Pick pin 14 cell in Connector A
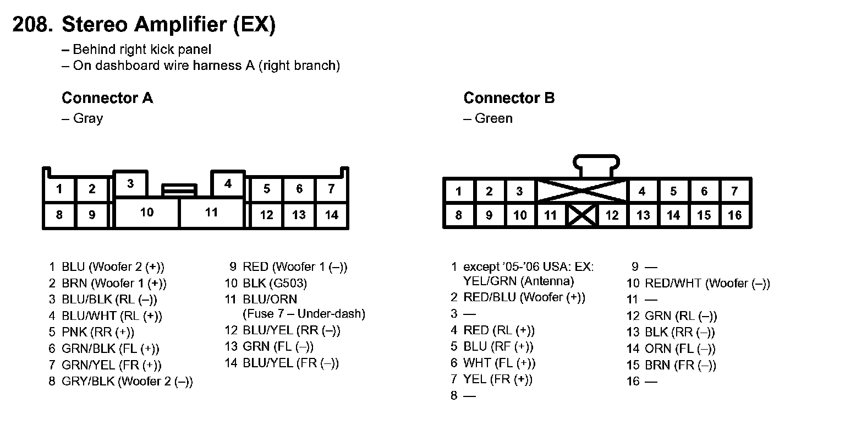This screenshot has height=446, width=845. (331, 215)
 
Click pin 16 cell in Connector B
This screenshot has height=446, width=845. (735, 215)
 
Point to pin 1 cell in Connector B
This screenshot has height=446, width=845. (458, 192)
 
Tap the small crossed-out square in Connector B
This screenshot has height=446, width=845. (583, 215)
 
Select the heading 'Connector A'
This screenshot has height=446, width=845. (107, 98)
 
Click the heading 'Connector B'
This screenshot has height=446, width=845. (509, 98)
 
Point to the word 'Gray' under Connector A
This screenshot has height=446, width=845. (88, 118)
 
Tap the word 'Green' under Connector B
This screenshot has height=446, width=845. (493, 118)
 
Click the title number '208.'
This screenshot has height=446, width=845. (32, 25)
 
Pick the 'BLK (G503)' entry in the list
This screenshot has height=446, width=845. (275, 284)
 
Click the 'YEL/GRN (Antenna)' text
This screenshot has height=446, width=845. (518, 281)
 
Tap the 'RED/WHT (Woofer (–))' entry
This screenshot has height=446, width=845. (707, 284)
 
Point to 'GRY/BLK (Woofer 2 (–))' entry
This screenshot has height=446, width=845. (127, 381)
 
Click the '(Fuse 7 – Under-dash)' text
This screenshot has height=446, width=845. (304, 314)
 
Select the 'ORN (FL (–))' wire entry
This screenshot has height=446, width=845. (680, 349)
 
